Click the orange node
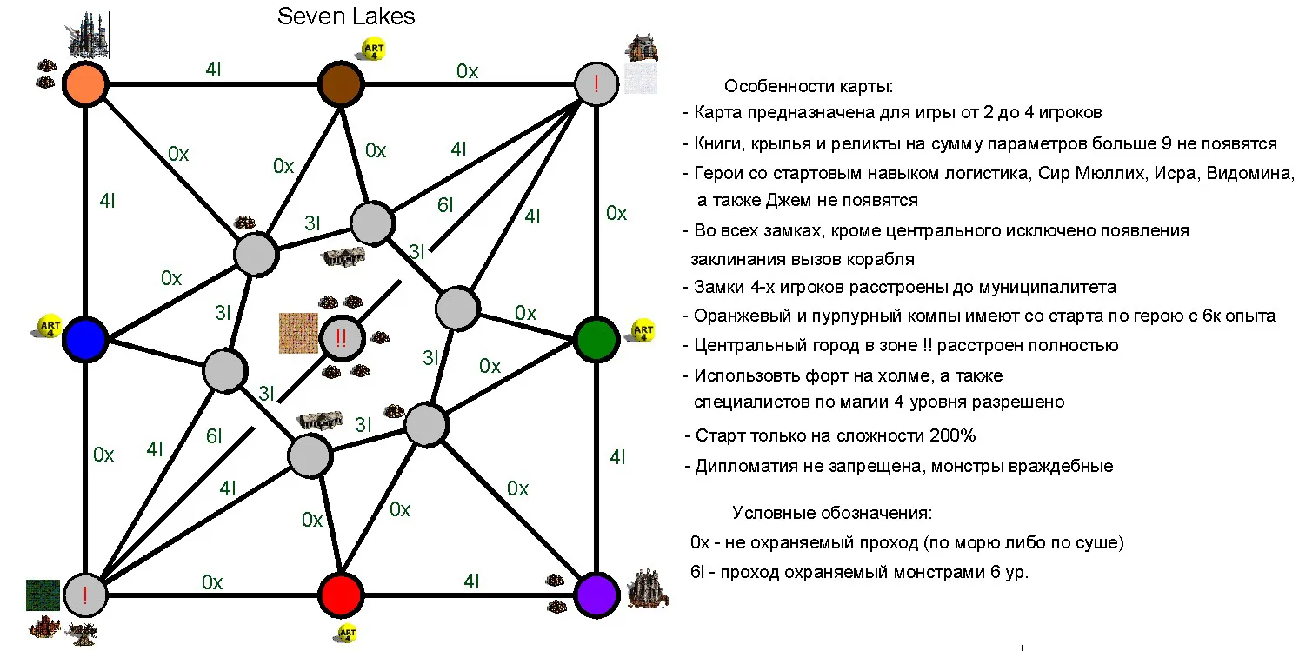[x=85, y=84]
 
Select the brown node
[x=341, y=84]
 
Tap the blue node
[x=85, y=340]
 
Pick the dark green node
[x=596, y=340]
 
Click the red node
[x=341, y=595]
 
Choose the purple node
[x=596, y=595]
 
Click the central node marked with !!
[x=341, y=338]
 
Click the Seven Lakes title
[x=346, y=17]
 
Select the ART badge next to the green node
[x=643, y=331]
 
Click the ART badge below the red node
[x=347, y=633]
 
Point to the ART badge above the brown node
[x=374, y=50]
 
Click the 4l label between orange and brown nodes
[x=213, y=70]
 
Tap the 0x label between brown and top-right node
[x=468, y=71]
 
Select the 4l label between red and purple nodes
[x=471, y=581]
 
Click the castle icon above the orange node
[x=88, y=35]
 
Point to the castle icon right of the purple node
[x=648, y=589]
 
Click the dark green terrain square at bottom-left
[x=43, y=595]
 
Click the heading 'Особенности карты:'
[x=809, y=86]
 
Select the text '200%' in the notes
[x=953, y=435]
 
